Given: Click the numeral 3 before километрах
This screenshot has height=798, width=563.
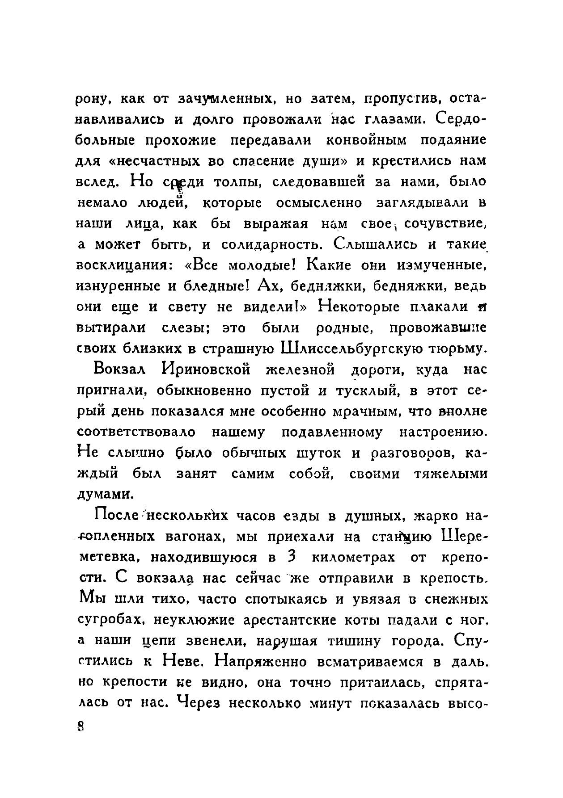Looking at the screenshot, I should click(x=291, y=557).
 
